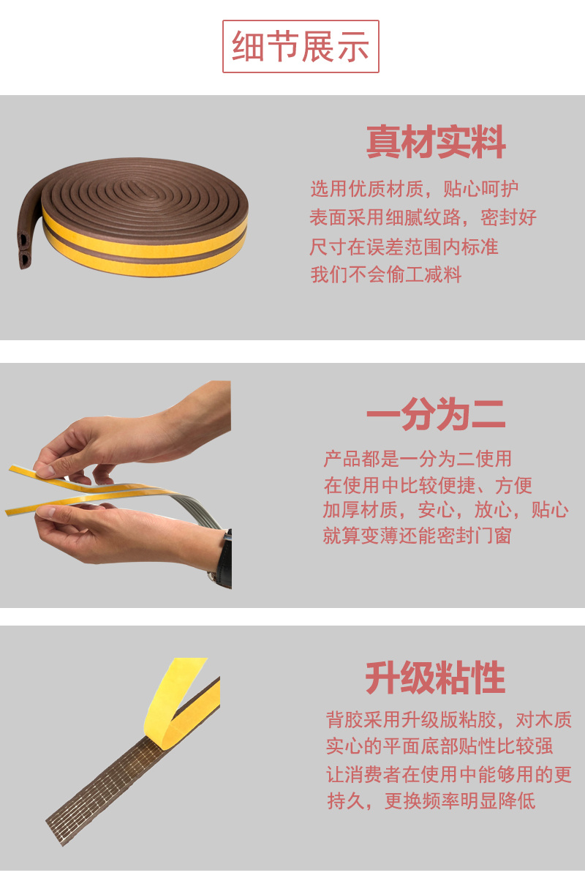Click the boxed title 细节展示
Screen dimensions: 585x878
(x=301, y=47)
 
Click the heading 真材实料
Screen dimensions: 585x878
(x=436, y=142)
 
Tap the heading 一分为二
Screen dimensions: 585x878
(x=436, y=414)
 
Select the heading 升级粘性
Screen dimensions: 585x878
(x=435, y=678)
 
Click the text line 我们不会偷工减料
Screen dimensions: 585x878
(x=386, y=274)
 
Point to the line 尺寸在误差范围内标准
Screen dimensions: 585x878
(x=404, y=247)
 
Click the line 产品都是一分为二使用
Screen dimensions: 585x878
(x=418, y=459)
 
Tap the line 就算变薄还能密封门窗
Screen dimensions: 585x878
(x=418, y=536)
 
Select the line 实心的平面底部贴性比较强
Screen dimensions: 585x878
(x=439, y=746)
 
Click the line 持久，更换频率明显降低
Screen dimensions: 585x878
(x=431, y=800)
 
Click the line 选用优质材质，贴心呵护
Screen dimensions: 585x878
(x=415, y=189)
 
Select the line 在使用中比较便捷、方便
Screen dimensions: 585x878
(x=428, y=486)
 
